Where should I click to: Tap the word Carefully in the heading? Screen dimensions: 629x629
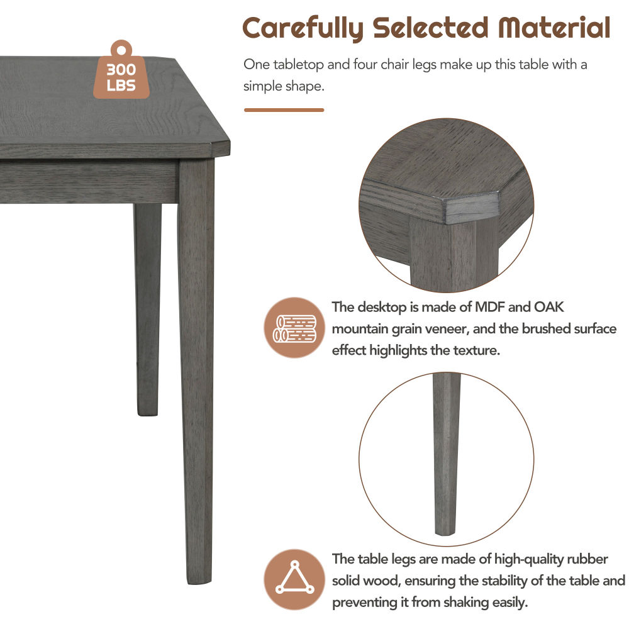pos(303,28)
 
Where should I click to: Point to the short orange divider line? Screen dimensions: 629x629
pos(284,110)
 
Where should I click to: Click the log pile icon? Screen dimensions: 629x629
pos(294,328)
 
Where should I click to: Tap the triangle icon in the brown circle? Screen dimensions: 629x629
pos(295,578)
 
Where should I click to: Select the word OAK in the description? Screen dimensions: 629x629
pos(548,307)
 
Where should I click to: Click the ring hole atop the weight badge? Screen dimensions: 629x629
pos(121,51)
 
